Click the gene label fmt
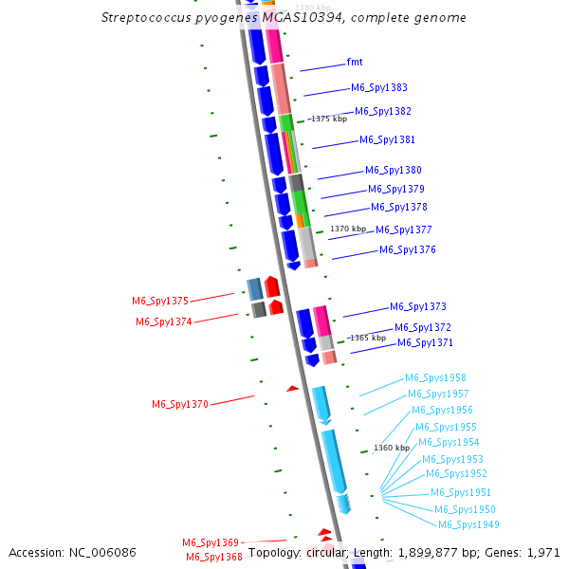[x=355, y=63]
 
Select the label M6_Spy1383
[x=379, y=87]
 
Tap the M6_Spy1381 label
[x=387, y=140]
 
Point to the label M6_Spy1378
[x=398, y=208]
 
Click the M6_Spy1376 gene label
[x=408, y=250]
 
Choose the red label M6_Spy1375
[x=160, y=302]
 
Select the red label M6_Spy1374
[x=163, y=322]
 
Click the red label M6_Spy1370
[x=180, y=405]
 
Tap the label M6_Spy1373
[x=417, y=307]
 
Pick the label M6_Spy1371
[x=425, y=343]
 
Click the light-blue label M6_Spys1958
[x=435, y=378]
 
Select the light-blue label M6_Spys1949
[x=468, y=525]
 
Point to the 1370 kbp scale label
[x=348, y=229]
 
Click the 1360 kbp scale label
[x=392, y=448]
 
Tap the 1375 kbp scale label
[x=329, y=119]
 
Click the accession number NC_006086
[x=105, y=552]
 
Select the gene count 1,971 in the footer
[x=542, y=552]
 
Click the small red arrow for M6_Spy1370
[x=292, y=388]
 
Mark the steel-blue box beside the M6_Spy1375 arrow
[x=254, y=288]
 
